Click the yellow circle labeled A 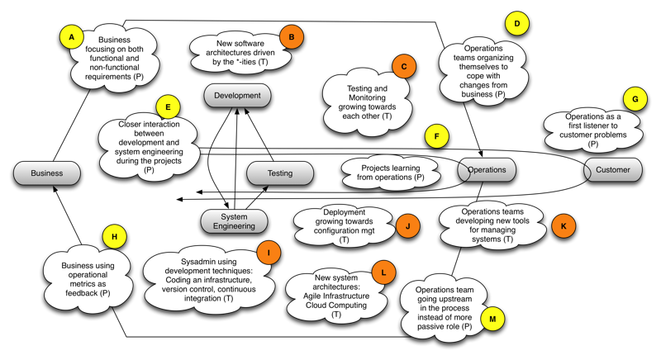click(x=72, y=37)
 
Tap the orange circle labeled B click(x=292, y=36)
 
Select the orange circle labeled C click(x=404, y=66)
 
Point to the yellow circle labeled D click(x=517, y=24)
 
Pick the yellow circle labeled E click(x=168, y=107)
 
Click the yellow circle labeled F click(x=436, y=137)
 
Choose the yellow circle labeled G click(x=635, y=99)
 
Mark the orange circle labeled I click(x=269, y=252)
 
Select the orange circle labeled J click(x=407, y=225)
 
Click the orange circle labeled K click(x=563, y=225)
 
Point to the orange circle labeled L click(x=383, y=272)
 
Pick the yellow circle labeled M click(x=492, y=318)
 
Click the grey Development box click(x=238, y=96)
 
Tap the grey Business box click(x=47, y=173)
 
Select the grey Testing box click(x=280, y=173)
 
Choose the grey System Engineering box click(x=235, y=221)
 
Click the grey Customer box click(x=612, y=170)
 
